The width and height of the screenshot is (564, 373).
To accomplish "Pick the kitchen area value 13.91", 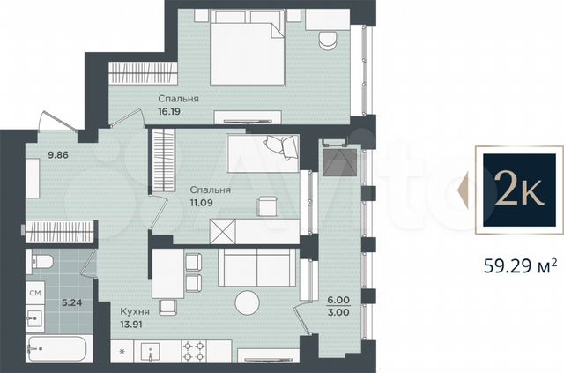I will [137, 325].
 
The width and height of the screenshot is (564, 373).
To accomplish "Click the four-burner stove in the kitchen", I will [193, 351].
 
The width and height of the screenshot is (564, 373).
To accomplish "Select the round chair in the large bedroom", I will [327, 41].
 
